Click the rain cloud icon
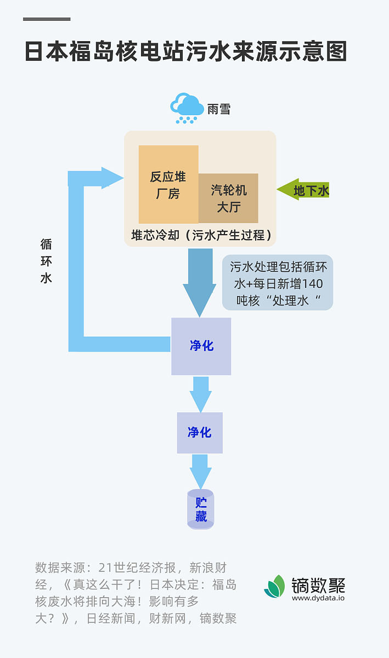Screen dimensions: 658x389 187,107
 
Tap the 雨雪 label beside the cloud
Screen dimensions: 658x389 218,109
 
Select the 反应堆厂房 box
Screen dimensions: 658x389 168,184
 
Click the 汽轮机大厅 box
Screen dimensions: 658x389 228,198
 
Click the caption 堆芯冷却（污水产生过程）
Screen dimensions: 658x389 201,235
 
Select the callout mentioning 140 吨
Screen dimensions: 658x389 278,282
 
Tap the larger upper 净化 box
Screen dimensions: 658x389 201,346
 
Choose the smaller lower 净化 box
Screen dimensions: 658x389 200,433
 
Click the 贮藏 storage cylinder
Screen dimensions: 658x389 201,509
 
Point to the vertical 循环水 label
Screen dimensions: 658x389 46,261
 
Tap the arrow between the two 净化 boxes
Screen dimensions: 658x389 201,394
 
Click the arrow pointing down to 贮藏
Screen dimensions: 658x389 200,471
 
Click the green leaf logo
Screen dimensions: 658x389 275,586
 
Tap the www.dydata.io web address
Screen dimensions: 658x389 318,598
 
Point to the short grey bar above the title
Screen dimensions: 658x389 47,19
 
